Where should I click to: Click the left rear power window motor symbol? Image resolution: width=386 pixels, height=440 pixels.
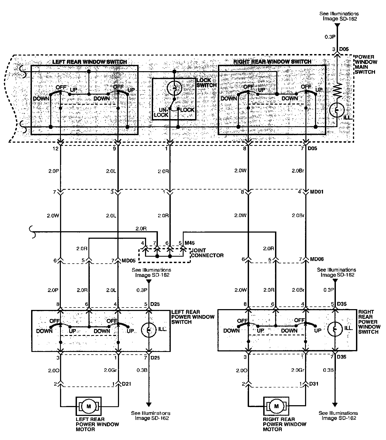(89, 406)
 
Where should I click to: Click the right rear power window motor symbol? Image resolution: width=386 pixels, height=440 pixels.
(276, 406)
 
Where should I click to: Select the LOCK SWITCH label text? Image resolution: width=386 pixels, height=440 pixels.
(206, 83)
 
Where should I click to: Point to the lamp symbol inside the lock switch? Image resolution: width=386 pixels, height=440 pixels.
(174, 88)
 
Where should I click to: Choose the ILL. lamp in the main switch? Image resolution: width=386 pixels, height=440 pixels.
(337, 110)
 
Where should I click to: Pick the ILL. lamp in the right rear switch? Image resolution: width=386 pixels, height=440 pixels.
(335, 329)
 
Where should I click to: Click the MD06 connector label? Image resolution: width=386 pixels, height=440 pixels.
(317, 259)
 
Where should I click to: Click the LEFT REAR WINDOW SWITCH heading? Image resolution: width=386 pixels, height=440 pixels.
(90, 62)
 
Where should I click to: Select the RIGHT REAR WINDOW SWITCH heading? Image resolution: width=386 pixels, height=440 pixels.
(272, 62)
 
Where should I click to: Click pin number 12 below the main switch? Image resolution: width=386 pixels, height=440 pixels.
(55, 148)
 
